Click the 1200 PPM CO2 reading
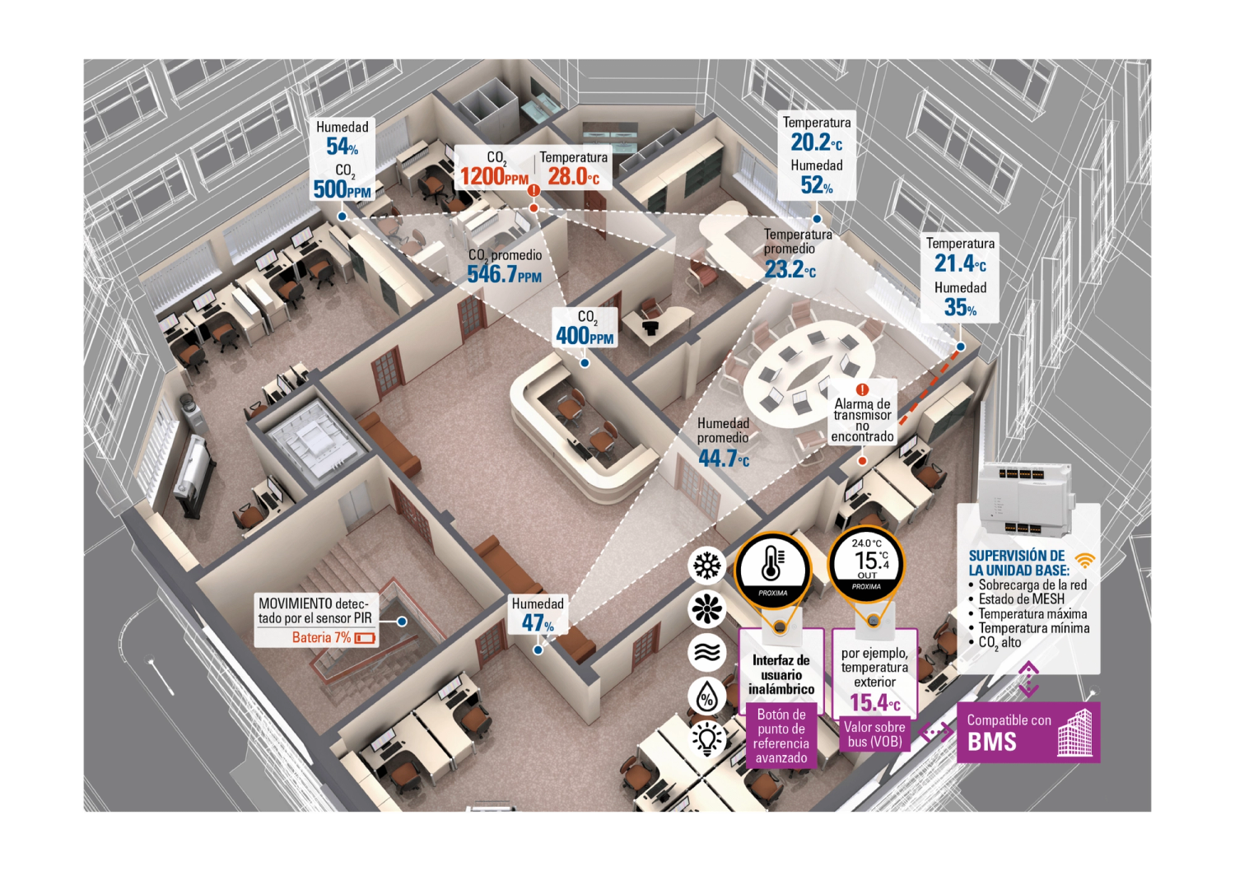tap(494, 175)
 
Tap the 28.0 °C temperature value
tap(573, 176)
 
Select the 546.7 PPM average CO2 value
tap(504, 274)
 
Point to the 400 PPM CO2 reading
tap(585, 335)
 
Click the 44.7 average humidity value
tap(724, 459)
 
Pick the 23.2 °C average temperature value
tap(790, 269)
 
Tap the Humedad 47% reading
tap(538, 623)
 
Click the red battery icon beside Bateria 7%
tap(365, 638)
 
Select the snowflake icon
tap(707, 566)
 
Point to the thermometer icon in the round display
tap(772, 565)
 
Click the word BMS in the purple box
tap(992, 742)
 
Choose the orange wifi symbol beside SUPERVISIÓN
tap(1085, 561)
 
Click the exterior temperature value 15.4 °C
tap(874, 703)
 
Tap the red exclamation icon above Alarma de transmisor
tap(862, 389)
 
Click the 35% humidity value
tap(960, 308)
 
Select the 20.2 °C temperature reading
tap(816, 142)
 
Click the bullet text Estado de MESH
tap(1021, 599)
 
